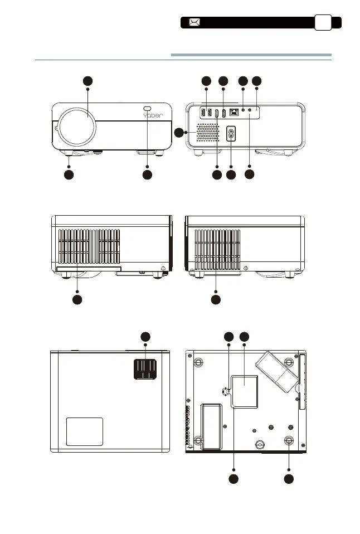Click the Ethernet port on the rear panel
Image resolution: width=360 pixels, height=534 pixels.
coord(233,112)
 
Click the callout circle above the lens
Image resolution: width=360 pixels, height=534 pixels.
coord(88,81)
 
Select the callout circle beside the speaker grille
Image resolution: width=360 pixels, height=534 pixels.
coord(179,133)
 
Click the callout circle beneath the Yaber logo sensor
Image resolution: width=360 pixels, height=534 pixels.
coord(147,175)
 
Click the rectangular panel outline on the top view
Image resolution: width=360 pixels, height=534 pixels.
coord(85,431)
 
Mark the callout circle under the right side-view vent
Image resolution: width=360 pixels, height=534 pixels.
coord(216,300)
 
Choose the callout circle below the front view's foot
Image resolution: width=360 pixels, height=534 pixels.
coord(69,175)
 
